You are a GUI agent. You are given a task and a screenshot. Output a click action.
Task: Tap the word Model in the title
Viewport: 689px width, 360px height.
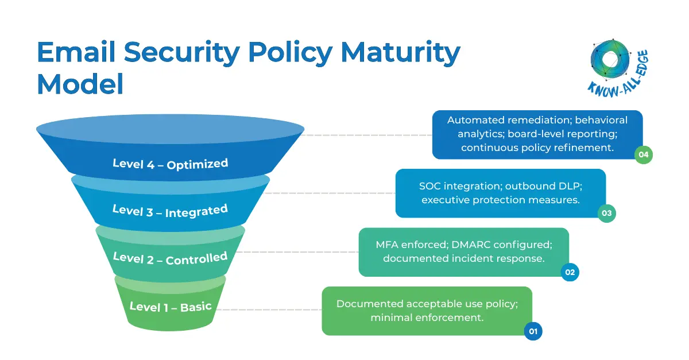[x=80, y=84]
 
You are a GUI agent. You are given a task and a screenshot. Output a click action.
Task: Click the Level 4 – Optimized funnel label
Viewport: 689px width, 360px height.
[x=170, y=163]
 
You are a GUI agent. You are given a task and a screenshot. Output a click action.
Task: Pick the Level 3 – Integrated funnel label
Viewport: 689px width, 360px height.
[x=170, y=211]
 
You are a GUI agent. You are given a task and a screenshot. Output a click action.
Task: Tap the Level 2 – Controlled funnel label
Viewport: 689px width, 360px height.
[x=170, y=258]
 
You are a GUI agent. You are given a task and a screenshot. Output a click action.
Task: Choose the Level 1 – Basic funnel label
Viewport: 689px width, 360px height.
[x=170, y=306]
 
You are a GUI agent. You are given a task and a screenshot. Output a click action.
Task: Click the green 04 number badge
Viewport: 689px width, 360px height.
[x=643, y=154]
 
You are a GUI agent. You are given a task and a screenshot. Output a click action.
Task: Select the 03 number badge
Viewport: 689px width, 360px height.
[x=606, y=214]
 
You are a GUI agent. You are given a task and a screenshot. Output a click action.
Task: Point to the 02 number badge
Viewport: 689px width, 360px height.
[x=570, y=272]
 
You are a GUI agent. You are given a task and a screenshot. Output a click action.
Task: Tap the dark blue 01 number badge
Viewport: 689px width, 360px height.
[x=533, y=331]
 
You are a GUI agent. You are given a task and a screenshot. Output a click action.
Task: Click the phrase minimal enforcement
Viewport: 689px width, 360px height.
[x=427, y=318]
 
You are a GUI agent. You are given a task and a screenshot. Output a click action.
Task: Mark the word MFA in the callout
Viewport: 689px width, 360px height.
[x=388, y=245]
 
